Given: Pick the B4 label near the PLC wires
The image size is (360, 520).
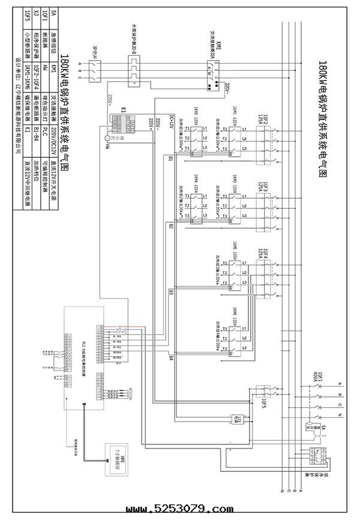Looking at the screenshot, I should coord(171,358).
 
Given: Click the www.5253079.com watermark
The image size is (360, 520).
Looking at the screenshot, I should coord(181,509).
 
